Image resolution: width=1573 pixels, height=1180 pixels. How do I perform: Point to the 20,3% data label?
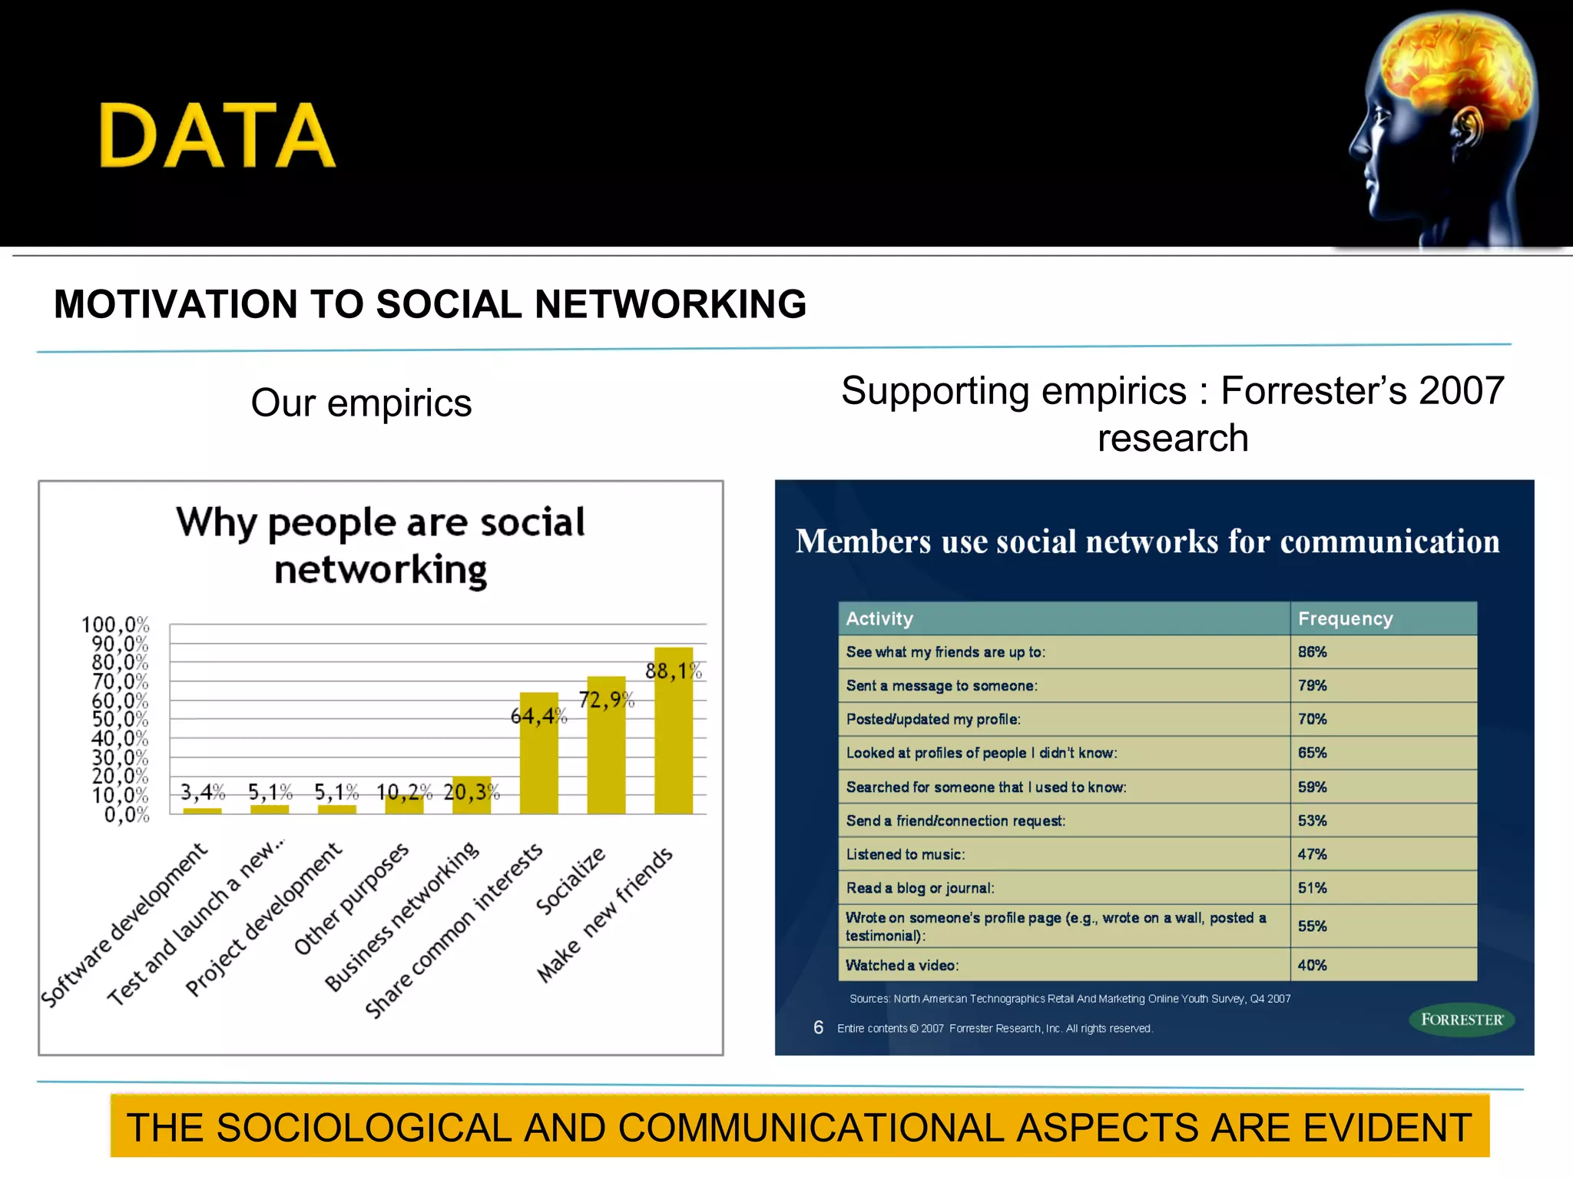pyautogui.click(x=471, y=791)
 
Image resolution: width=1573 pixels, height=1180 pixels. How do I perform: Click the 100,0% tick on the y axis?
pyautogui.click(x=115, y=625)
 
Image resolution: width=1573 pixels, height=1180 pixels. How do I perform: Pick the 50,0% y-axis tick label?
pyautogui.click(x=120, y=719)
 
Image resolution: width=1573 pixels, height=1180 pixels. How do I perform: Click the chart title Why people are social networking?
pyautogui.click(x=381, y=545)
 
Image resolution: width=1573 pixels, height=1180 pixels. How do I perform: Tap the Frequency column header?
pyautogui.click(x=1345, y=619)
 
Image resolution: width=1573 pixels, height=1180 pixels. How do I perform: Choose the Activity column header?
pyautogui.click(x=879, y=619)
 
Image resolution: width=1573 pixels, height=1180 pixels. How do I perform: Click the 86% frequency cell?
pyautogui.click(x=1312, y=652)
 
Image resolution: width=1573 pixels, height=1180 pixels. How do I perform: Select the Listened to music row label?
pyautogui.click(x=905, y=854)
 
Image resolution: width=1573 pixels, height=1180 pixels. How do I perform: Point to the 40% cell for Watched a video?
pyautogui.click(x=1312, y=966)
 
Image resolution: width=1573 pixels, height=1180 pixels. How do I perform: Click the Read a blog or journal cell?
pyautogui.click(x=919, y=888)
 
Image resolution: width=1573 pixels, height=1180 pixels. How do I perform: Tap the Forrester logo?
pyautogui.click(x=1461, y=1020)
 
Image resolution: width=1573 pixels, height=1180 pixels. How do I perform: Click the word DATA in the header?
pyautogui.click(x=217, y=136)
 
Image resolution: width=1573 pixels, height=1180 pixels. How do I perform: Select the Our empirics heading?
pyautogui.click(x=361, y=403)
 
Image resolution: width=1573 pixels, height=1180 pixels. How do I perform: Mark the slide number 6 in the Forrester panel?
pyautogui.click(x=818, y=1028)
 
